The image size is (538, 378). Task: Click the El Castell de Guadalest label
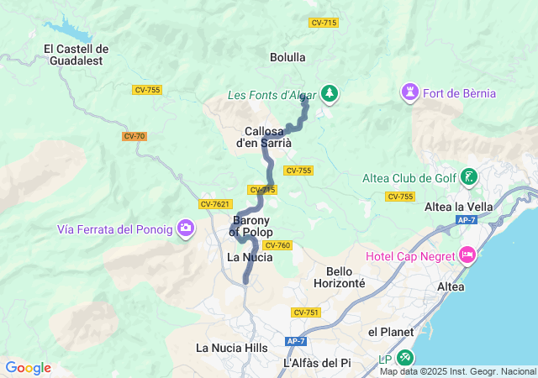[76, 55]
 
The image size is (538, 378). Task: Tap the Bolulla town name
[287, 57]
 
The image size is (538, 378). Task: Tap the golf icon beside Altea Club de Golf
[469, 176]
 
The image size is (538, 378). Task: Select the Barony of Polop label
[250, 226]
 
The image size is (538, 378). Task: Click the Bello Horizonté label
[345, 277]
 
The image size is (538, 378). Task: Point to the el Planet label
[391, 332]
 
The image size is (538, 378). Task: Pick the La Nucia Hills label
[231, 348]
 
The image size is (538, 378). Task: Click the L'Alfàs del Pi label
[316, 363]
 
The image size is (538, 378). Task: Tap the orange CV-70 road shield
[134, 136]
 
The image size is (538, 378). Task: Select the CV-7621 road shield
[215, 204]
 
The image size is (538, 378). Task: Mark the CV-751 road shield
[306, 312]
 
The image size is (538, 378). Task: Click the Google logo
[29, 368]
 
